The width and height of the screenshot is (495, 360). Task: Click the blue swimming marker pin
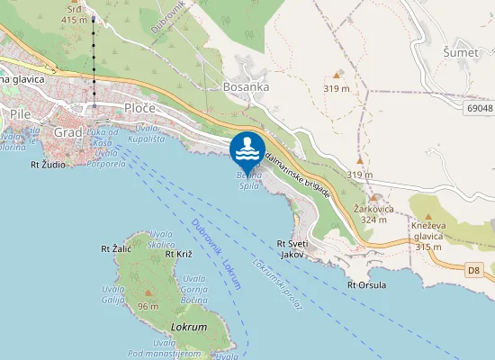pos(247,148)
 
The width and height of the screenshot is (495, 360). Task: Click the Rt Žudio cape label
pos(48,165)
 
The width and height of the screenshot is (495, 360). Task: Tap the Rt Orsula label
pos(366,285)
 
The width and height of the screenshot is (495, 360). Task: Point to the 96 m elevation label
pos(148,306)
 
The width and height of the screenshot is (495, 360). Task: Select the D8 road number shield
pos(475,268)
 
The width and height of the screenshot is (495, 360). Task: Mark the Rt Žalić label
pos(116,248)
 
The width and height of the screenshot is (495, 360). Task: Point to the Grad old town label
pos(68,132)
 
